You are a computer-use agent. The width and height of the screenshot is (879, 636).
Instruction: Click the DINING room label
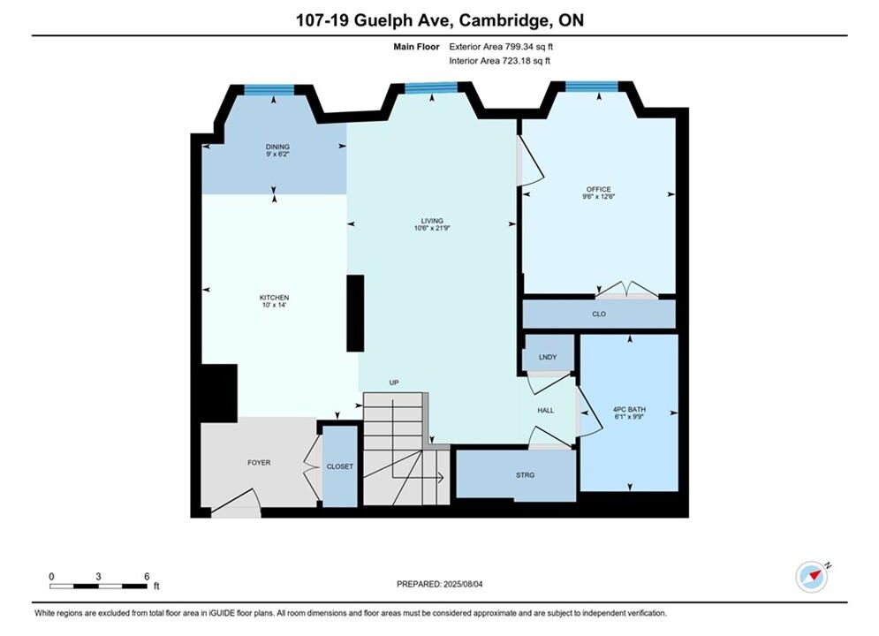[277, 147]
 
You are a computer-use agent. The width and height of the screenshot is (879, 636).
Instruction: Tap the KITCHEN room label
[274, 298]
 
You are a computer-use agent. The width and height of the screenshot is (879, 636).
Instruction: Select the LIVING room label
[432, 221]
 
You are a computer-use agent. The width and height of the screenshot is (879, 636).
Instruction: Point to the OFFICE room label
[599, 189]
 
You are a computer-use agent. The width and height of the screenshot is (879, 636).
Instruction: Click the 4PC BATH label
[629, 410]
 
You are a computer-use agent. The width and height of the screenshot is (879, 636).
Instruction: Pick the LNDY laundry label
[548, 357]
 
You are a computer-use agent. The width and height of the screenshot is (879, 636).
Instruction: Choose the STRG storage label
[526, 475]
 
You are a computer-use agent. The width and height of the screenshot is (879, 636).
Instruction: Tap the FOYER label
[259, 463]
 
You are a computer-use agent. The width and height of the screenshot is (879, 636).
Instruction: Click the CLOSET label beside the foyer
[340, 466]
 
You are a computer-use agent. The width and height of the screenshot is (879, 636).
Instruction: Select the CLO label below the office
[599, 314]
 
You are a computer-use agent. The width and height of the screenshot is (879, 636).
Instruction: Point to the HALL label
[545, 410]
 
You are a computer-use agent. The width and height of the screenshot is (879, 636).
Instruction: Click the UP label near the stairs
[393, 382]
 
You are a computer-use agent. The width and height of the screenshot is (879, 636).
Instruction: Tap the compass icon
[812, 576]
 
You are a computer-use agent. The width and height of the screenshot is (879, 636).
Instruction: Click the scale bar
[98, 587]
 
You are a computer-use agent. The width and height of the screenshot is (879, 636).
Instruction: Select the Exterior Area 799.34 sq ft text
[501, 47]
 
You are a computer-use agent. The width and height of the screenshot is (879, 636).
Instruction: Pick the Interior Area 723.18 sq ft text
[499, 61]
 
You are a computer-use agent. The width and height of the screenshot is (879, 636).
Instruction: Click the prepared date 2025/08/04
[463, 584]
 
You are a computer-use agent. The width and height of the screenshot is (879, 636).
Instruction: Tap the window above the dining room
[269, 89]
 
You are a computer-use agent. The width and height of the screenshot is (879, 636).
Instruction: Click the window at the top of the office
[591, 87]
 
